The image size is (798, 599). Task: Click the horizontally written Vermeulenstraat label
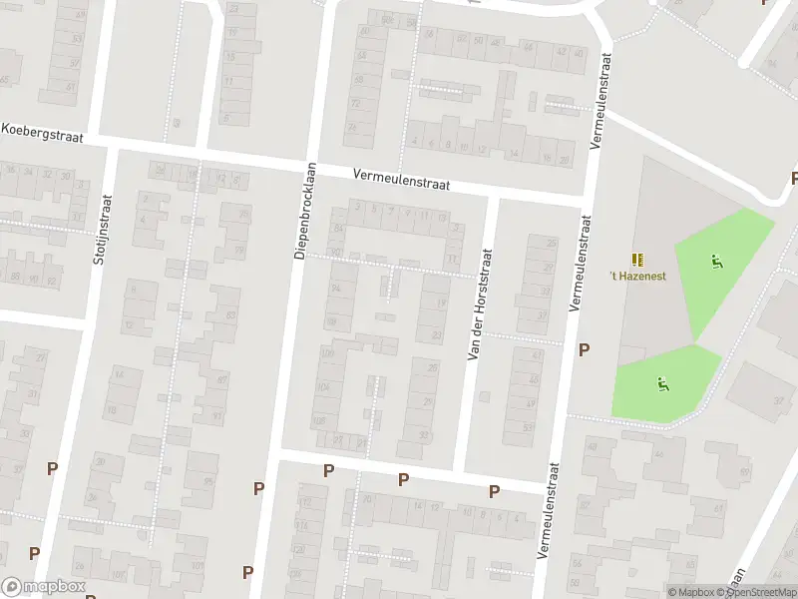pos(401,178)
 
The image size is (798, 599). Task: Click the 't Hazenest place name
pos(638,276)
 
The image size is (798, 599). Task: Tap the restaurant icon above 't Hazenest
pos(637,258)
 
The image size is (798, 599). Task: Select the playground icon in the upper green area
pos(716,262)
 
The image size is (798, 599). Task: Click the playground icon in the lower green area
pos(660,381)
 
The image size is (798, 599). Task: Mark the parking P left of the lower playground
pos(585,350)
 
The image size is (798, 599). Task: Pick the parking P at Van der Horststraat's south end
pos(493,491)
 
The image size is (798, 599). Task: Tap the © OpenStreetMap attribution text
pos(760,592)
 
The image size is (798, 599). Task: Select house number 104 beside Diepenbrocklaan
pos(323,385)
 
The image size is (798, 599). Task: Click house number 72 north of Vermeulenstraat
pos(354,103)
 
